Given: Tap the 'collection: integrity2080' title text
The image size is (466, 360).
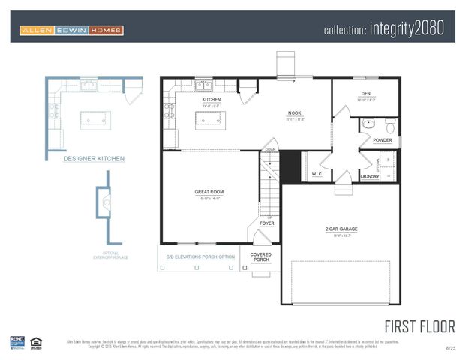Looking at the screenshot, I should pos(384,29).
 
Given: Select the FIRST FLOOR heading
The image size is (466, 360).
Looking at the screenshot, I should pos(419,327).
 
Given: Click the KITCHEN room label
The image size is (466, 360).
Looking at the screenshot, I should pos(212,100).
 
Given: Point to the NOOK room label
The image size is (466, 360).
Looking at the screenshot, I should pos(295,114).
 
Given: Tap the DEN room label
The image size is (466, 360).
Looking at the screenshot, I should pos(366,94).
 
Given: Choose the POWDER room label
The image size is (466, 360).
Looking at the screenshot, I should pos(382,140).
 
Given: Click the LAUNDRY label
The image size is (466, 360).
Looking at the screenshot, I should pos(370,177).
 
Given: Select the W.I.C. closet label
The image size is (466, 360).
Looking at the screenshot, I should pos(316,174).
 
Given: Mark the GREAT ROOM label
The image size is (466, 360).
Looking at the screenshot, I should pos(209,192).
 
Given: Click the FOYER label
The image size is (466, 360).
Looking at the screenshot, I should pos(267,223).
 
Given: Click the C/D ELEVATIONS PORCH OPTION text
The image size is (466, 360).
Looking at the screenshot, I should pos(200,257).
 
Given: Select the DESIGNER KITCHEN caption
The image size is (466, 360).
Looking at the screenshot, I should pos(94,159).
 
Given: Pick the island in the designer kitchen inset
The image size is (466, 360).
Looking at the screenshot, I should pos(96,120).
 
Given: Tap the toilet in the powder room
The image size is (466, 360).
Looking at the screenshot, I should pos(389,124).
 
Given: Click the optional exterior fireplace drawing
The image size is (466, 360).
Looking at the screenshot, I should pos(106,206).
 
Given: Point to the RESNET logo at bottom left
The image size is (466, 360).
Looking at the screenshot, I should pos(17,342).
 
